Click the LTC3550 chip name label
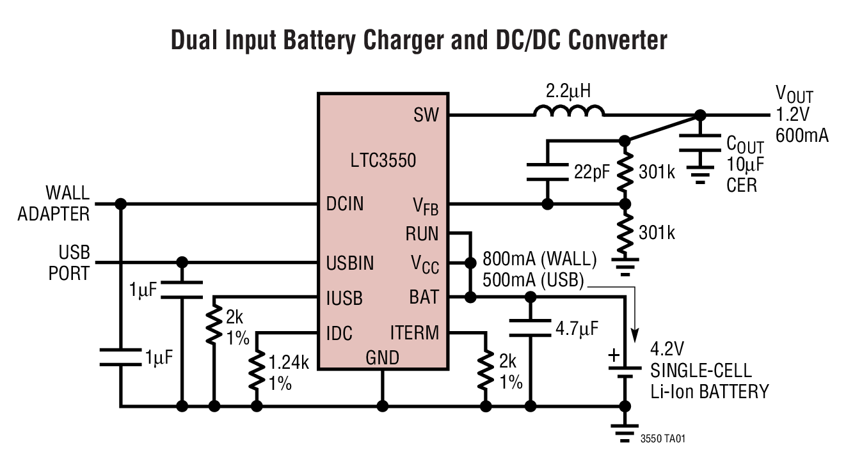point(383,160)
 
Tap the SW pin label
point(426,116)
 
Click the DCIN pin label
point(345,205)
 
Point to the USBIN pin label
point(351,263)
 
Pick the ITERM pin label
point(415,332)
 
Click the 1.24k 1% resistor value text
point(289,373)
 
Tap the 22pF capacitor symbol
point(547,173)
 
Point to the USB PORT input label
point(69,262)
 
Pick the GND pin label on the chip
point(382,357)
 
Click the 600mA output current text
point(802,135)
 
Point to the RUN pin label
point(422,234)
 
